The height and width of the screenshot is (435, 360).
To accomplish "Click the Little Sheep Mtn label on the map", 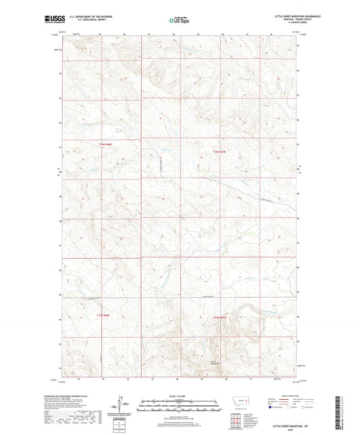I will pyautogui.click(x=215, y=363).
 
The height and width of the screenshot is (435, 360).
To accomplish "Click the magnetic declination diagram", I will pyautogui.click(x=122, y=404).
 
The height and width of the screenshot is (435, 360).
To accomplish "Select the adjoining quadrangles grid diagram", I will pyautogui.click(x=235, y=419).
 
